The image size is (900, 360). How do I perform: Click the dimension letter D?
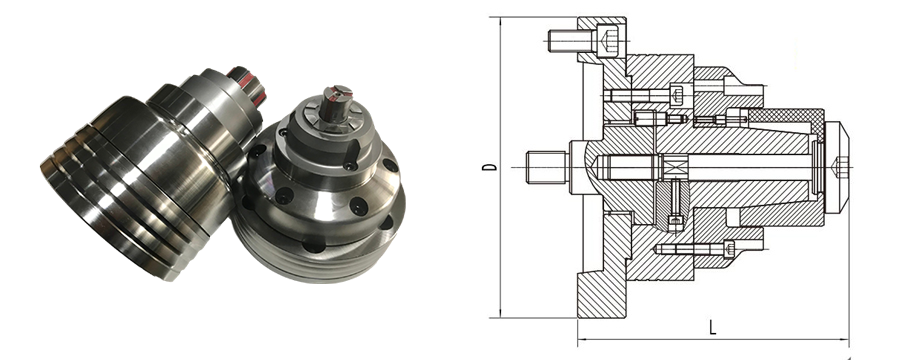click(x=489, y=167)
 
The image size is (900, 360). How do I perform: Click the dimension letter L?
click(x=712, y=327)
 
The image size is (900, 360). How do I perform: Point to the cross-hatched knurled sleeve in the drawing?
click(x=786, y=121)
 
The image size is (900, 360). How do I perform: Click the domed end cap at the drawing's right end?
click(x=836, y=167)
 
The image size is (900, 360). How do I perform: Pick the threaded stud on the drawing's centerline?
click(x=548, y=167)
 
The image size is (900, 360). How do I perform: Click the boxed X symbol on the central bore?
click(x=670, y=167)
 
